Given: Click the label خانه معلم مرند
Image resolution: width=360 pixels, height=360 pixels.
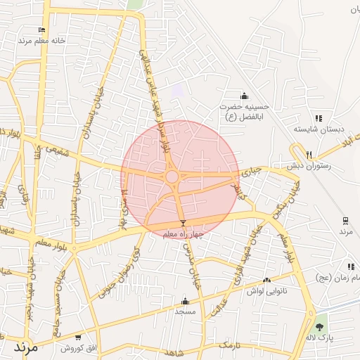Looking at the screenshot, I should tap(44, 41).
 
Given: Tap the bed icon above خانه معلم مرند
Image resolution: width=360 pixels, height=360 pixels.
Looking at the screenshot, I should tap(42, 30).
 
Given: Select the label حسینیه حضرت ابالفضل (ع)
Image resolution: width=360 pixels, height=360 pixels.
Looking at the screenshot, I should tap(243, 112).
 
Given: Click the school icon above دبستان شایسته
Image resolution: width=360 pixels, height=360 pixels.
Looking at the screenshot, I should tap(318, 119).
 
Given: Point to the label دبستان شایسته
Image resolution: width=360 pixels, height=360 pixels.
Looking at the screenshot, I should tap(310, 130).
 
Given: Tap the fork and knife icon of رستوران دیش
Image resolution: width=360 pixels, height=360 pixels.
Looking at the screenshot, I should tap(309, 155).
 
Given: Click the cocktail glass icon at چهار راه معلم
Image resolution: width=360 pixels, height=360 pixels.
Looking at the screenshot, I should tap(184, 223).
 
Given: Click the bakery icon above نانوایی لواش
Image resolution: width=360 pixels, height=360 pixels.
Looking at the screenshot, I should tap(266, 281).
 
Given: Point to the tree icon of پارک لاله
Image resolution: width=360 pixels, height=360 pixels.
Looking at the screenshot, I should tap(321, 327).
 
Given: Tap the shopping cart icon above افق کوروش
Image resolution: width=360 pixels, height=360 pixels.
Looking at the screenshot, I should tap(80, 337).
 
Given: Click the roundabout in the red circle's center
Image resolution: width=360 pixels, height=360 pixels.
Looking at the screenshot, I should tap(172, 176).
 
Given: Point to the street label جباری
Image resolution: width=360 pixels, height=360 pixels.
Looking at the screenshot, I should tap(251, 170).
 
